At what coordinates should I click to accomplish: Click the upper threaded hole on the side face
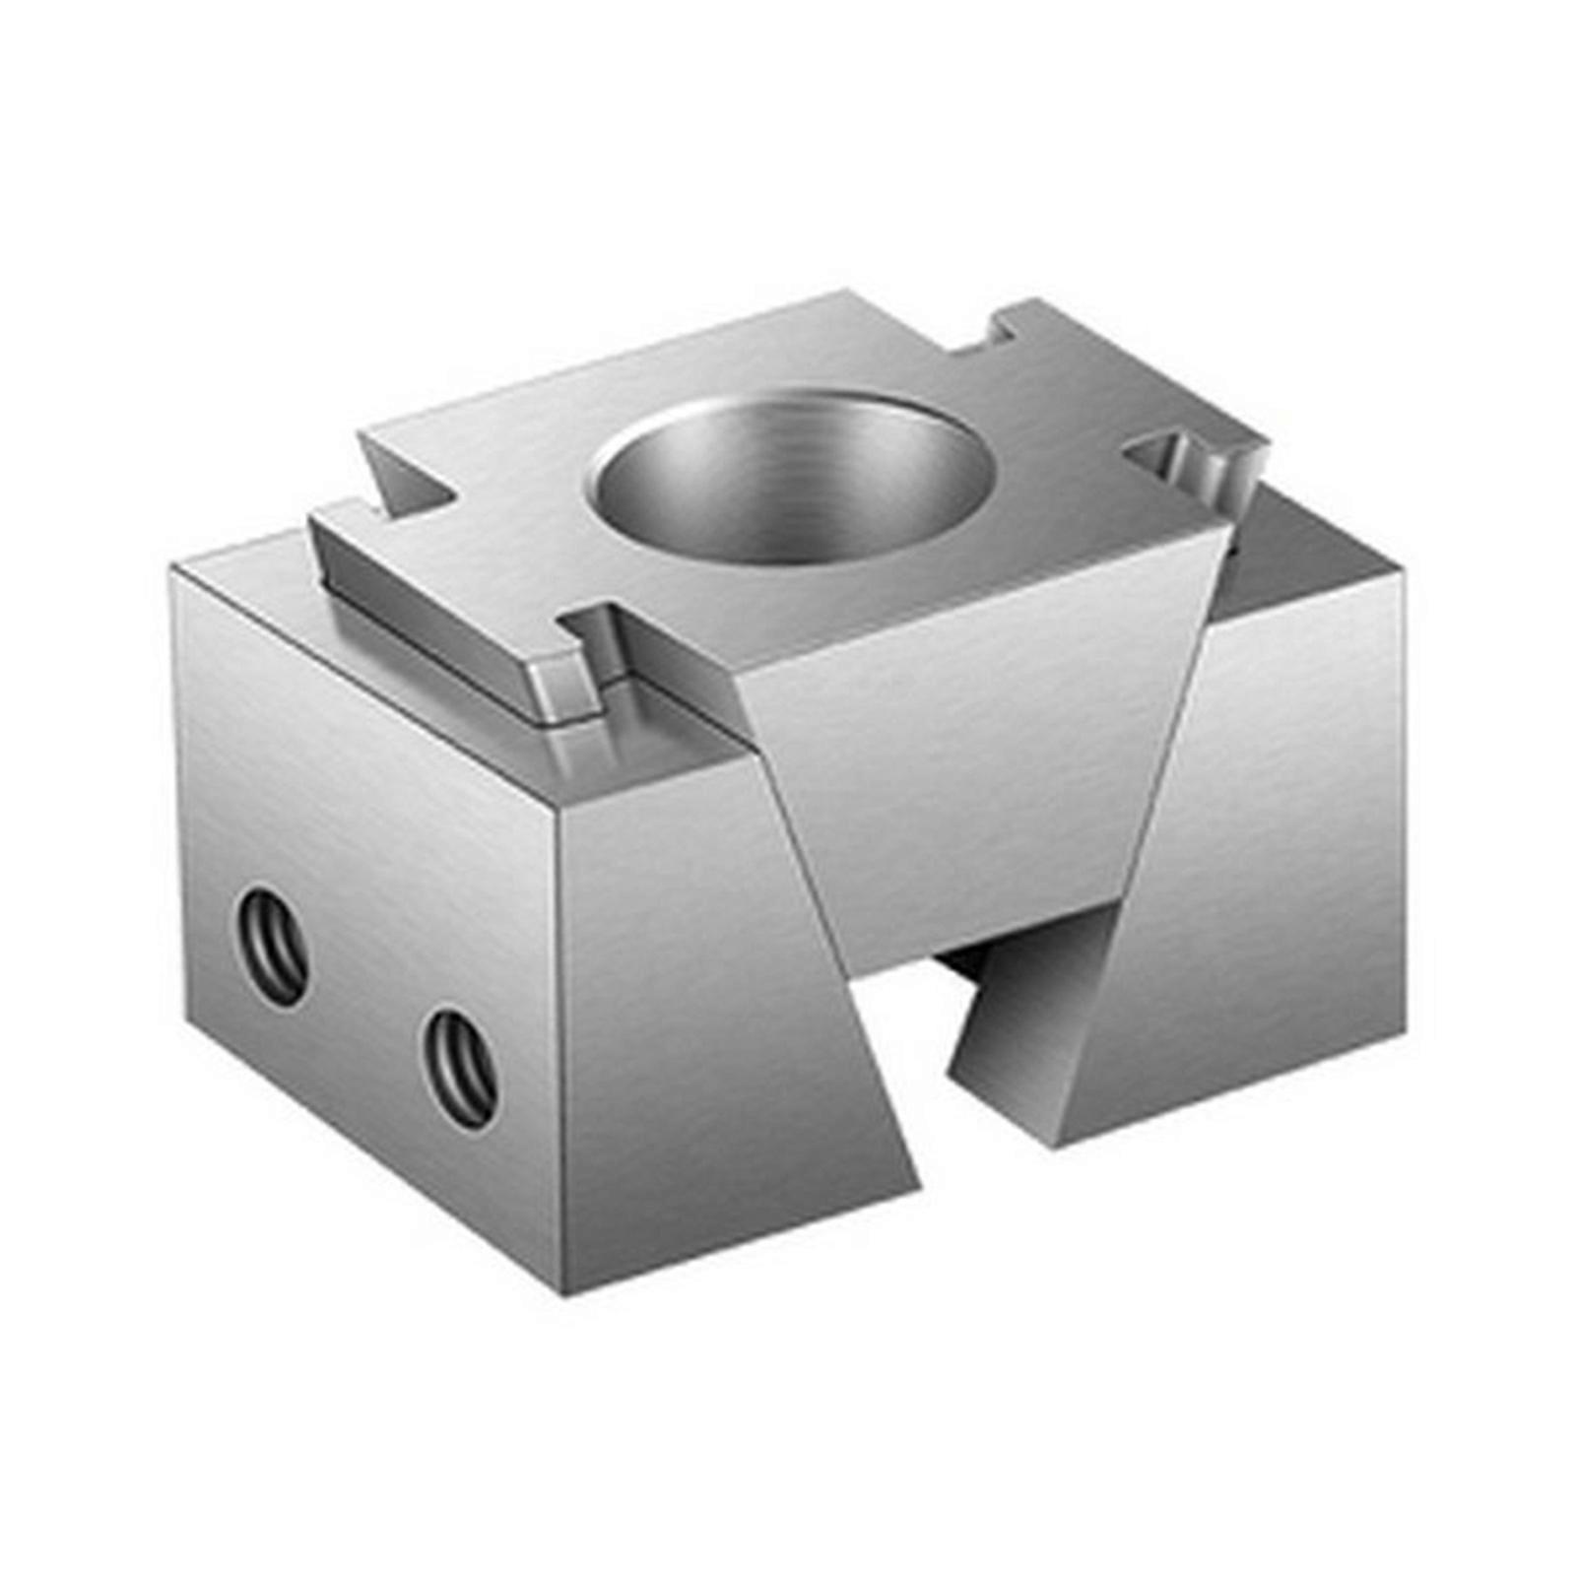[x=273, y=946]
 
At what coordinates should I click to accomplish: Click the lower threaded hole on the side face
[x=459, y=1068]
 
